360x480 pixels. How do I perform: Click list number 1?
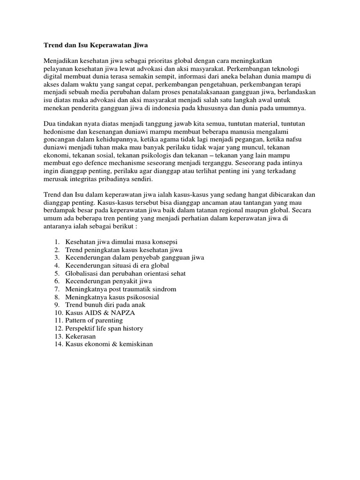56,242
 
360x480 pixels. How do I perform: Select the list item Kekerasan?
81,336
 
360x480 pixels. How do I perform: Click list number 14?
57,344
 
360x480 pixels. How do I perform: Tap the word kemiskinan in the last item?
135,344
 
